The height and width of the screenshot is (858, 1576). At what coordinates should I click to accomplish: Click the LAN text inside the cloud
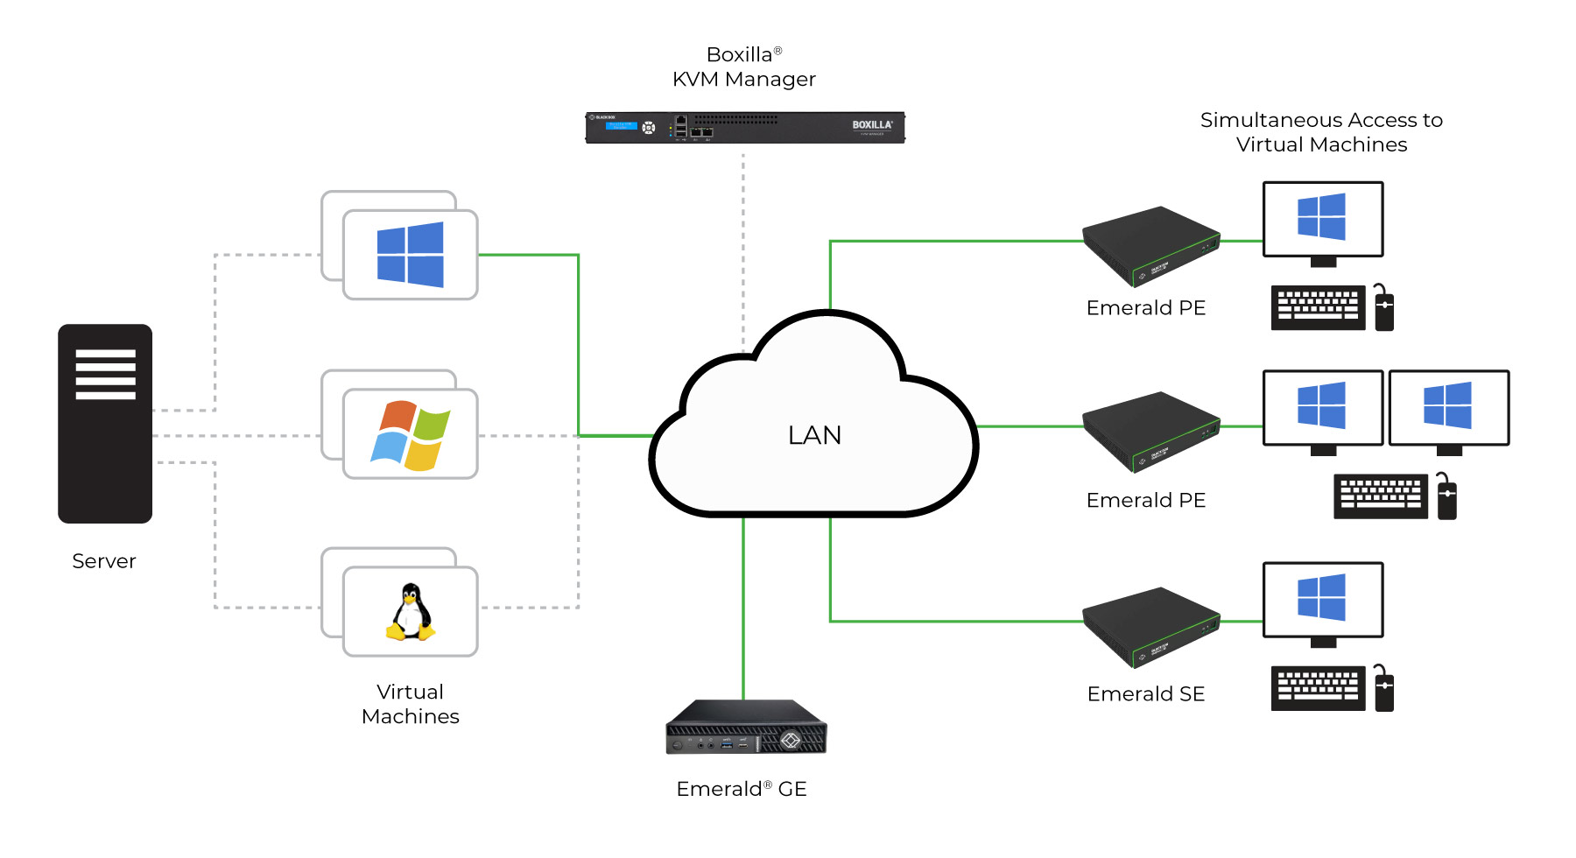point(814,435)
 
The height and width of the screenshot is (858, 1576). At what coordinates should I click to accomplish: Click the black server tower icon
point(105,424)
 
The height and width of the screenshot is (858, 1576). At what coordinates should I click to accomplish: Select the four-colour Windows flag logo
point(410,435)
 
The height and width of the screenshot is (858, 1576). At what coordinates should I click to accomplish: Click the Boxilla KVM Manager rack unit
point(744,128)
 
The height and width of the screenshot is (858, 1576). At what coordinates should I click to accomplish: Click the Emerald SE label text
point(1145,694)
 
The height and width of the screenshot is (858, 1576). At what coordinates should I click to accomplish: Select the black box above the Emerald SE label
point(1150,626)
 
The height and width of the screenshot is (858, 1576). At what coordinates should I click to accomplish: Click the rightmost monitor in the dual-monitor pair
point(1449,408)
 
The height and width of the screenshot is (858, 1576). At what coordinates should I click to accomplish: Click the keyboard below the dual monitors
point(1380,496)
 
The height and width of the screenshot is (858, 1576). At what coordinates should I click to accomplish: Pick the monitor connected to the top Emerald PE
point(1322,219)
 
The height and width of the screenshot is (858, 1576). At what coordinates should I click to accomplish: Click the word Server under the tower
point(104,561)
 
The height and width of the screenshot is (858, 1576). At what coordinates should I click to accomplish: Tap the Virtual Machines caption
point(410,704)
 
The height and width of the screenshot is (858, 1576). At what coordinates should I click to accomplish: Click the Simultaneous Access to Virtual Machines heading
point(1321,132)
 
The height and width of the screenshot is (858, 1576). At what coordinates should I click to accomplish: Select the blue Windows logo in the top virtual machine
point(410,255)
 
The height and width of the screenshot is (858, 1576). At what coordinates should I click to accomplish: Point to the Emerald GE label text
point(741,789)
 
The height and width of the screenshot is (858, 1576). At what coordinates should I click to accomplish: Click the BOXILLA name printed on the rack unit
point(871,125)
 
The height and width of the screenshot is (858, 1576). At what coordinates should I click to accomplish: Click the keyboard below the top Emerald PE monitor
point(1318,307)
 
